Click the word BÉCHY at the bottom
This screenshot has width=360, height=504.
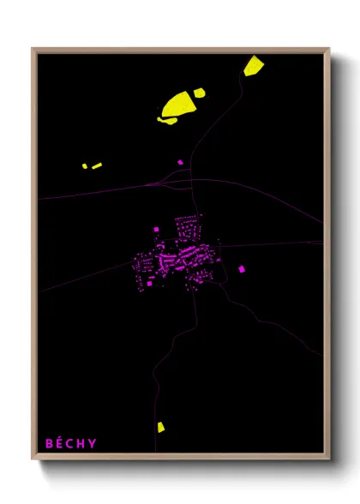(x=71, y=443)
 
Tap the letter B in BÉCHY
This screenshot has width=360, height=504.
(x=49, y=443)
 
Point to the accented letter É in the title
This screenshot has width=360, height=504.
(x=59, y=443)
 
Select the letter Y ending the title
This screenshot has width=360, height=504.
(x=93, y=443)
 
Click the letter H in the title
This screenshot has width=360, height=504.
(x=81, y=443)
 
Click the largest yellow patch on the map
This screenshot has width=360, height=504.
(x=178, y=105)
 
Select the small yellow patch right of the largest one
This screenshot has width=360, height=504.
(x=199, y=92)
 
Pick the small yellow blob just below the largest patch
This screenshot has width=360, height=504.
(x=168, y=120)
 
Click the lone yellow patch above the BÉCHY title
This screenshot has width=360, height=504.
(x=160, y=426)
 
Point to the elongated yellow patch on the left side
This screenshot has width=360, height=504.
(x=97, y=165)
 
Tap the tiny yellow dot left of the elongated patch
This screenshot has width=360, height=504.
(x=85, y=166)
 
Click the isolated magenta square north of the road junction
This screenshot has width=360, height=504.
(x=180, y=161)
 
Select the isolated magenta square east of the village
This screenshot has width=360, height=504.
(x=241, y=269)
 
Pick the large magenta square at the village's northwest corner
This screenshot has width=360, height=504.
(x=156, y=230)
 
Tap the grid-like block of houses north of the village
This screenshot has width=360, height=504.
(x=186, y=227)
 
